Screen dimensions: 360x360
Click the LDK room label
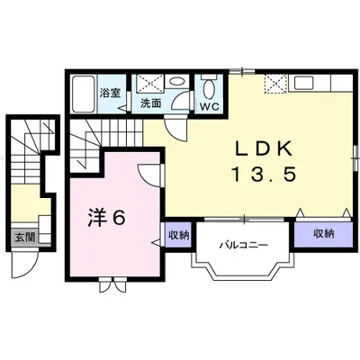point(264,148)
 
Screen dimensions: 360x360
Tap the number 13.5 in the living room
point(264,175)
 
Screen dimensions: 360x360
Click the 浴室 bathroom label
point(111,94)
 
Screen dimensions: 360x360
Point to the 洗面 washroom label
point(151,103)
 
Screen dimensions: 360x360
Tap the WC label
point(210,107)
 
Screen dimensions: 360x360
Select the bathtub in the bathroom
point(83,94)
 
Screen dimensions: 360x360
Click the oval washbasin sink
point(175,81)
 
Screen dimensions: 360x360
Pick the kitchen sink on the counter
point(304,82)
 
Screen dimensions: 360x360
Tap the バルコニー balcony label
point(243,246)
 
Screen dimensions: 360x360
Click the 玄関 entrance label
point(25,238)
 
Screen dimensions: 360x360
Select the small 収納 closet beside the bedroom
point(179,235)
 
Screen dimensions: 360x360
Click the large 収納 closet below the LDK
point(324,234)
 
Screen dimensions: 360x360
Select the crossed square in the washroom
point(149,82)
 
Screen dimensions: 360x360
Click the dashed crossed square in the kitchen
point(275,84)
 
